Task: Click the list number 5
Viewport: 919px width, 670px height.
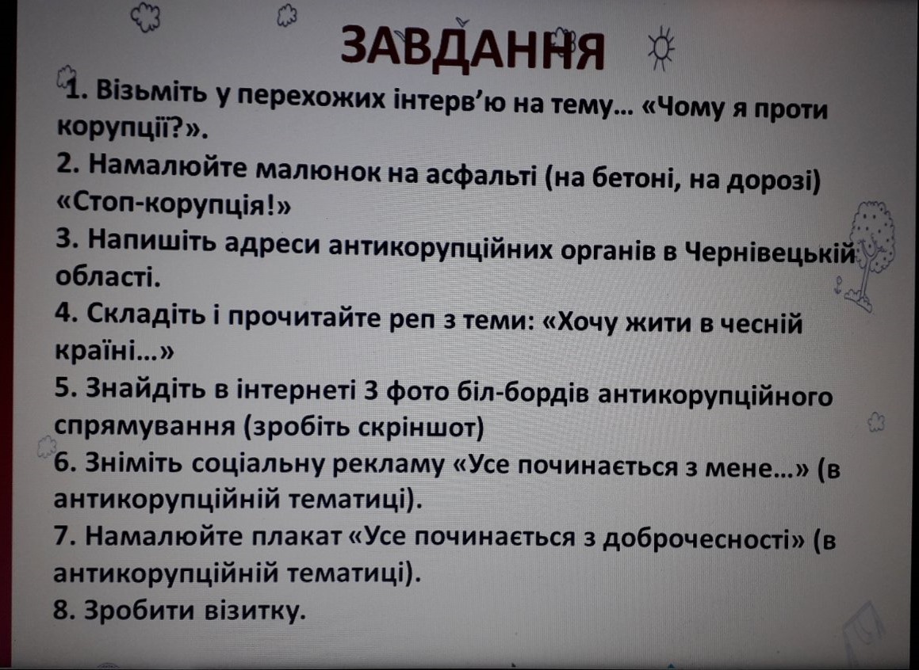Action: [64, 390]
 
